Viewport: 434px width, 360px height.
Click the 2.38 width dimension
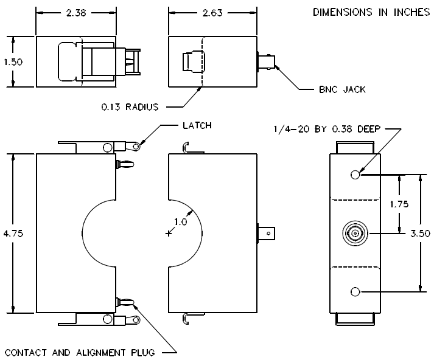pos(76,13)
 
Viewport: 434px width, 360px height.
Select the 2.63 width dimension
pos(212,13)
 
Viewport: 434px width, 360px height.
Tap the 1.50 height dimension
pos(13,61)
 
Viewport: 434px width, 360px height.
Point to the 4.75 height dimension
pos(13,234)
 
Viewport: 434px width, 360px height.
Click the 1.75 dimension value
pos(399,204)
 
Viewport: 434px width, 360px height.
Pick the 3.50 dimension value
pos(420,234)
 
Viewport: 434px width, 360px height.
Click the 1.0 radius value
pos(180,222)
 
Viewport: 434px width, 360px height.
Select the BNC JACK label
pos(342,89)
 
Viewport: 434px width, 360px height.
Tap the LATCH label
pos(197,125)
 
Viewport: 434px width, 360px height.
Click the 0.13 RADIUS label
pos(130,107)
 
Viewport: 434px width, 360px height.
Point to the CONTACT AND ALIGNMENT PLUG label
pos(80,353)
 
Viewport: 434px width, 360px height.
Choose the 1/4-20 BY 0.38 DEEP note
pos(327,129)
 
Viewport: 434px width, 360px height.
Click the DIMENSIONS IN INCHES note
pos(371,12)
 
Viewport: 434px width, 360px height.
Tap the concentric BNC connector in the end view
pos(355,234)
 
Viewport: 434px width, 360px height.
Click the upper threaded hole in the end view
pos(355,175)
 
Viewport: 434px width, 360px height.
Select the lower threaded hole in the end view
pos(355,292)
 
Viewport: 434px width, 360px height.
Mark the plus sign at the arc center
pos(168,234)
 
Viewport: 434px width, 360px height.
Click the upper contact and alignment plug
pos(125,165)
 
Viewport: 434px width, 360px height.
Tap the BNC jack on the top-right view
pos(266,61)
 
